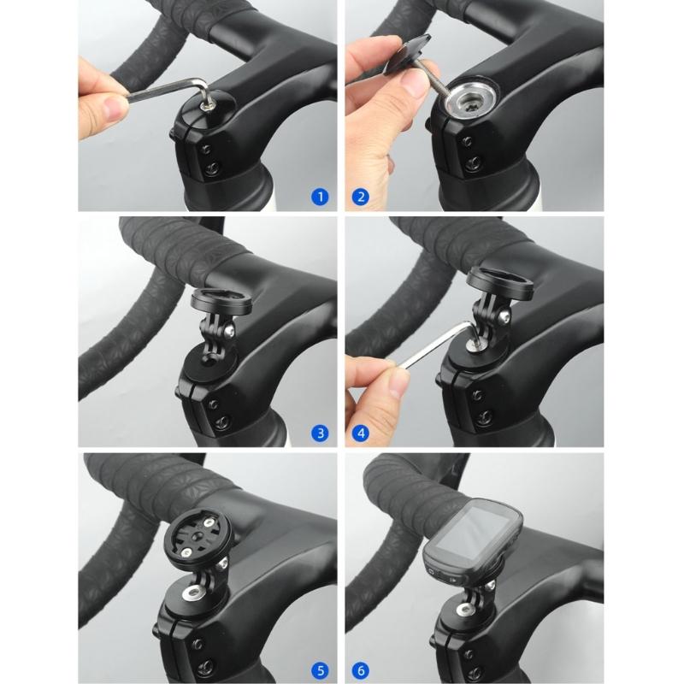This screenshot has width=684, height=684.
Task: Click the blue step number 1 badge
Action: pos(319,197)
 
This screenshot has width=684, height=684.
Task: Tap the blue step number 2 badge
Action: pos(361,197)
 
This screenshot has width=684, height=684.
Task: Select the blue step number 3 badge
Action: pos(319,433)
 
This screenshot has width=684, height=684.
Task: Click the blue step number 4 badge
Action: pos(361,433)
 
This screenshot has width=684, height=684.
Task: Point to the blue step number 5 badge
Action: pos(319,669)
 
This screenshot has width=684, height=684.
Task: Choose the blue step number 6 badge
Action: pos(361,669)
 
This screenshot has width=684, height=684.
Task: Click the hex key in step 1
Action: pos(171,88)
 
